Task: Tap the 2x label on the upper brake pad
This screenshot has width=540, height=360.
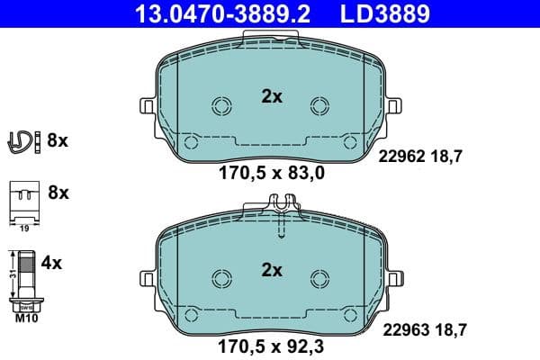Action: click(x=271, y=97)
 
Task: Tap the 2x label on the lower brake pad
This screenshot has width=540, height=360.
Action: click(x=271, y=269)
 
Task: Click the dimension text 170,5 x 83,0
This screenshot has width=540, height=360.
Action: click(x=271, y=175)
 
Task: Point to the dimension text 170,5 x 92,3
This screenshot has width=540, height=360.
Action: click(x=271, y=345)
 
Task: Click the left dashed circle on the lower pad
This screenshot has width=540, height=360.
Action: click(x=220, y=278)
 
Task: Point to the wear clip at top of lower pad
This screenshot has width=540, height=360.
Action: click(x=282, y=216)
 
